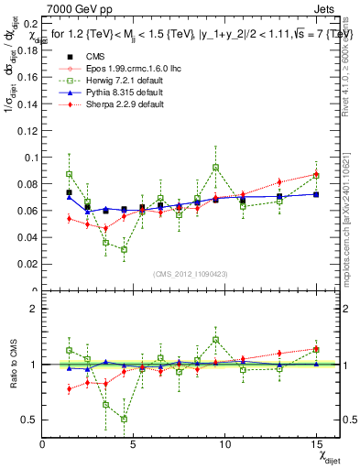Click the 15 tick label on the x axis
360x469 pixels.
tap(316, 444)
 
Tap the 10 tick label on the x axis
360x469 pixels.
tap(224, 444)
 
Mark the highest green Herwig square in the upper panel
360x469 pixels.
tap(215, 168)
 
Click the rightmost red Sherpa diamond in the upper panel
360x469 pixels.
tap(316, 174)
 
